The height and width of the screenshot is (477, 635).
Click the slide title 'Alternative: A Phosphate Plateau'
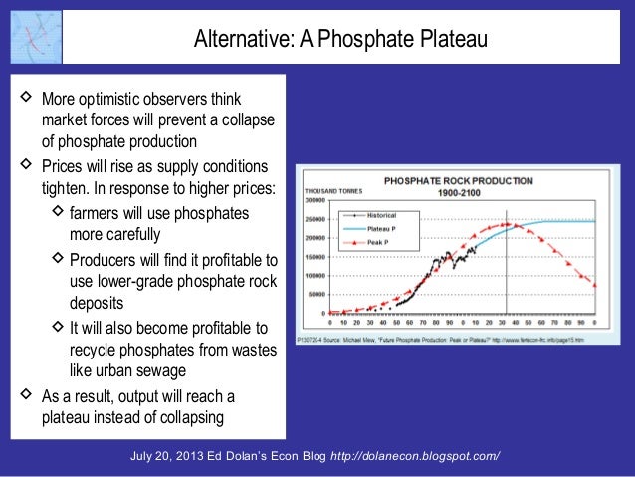(x=339, y=41)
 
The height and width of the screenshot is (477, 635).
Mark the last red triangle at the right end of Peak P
(x=594, y=286)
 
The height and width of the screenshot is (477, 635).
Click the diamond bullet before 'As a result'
(x=25, y=395)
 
